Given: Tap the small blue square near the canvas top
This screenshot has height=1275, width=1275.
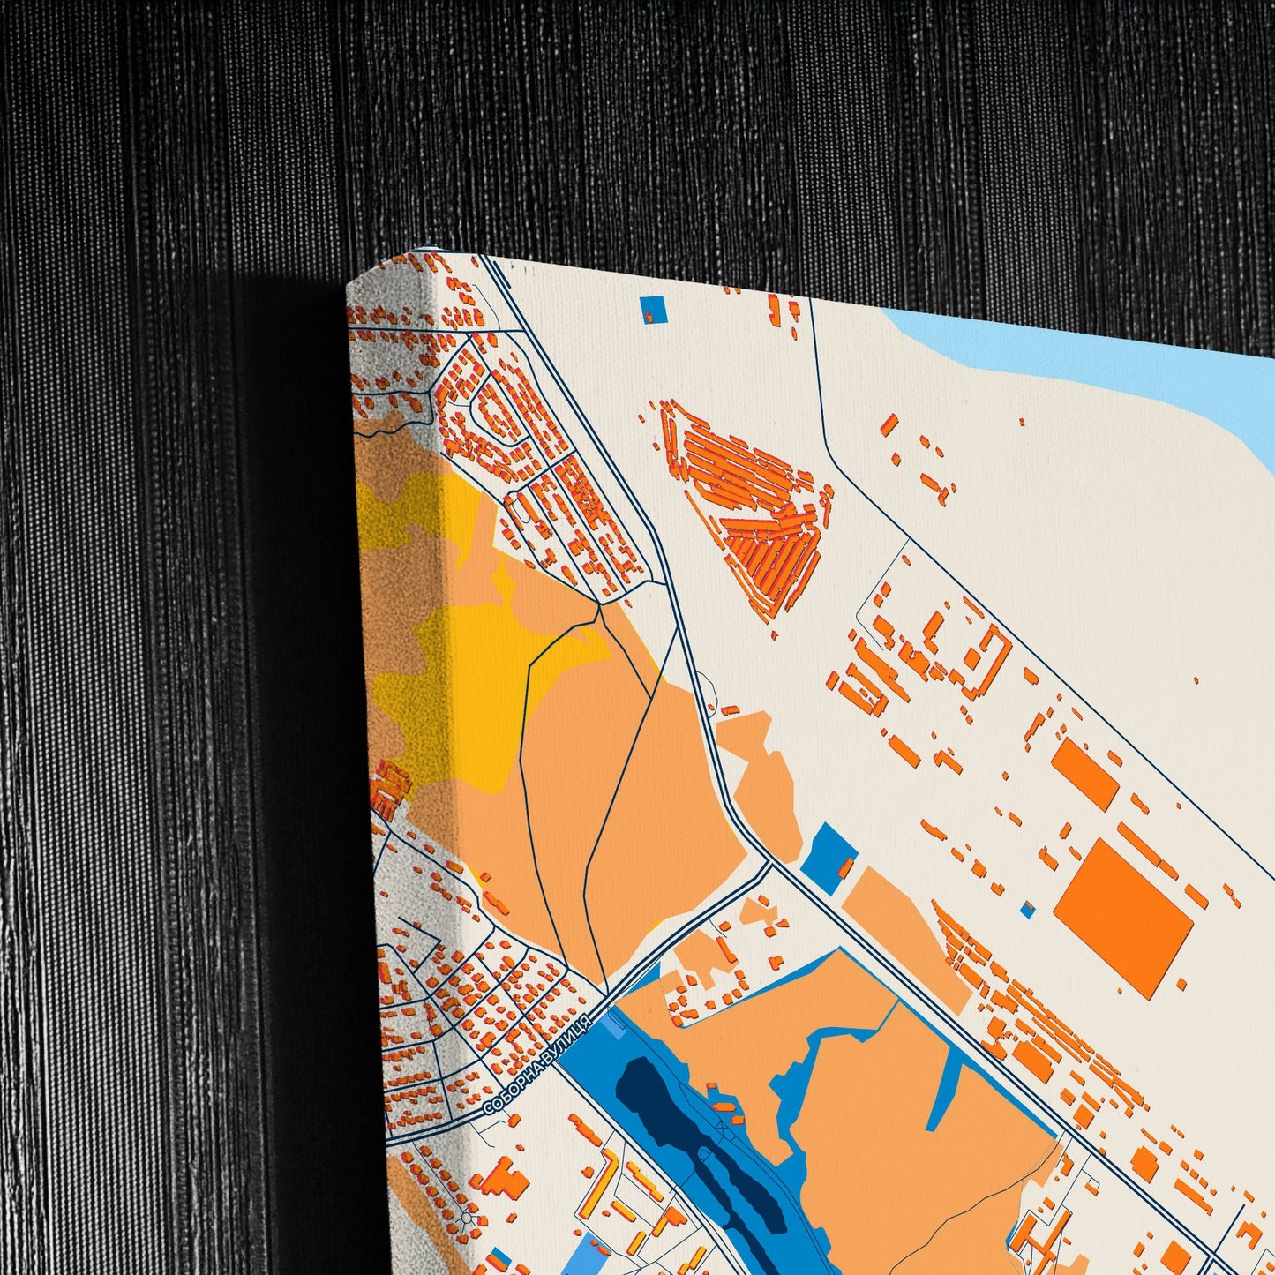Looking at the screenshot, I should click(x=653, y=309).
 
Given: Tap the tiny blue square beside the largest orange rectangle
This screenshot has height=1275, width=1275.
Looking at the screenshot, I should click(x=1026, y=908).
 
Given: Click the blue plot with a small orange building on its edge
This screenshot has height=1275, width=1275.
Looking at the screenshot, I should click(x=829, y=854).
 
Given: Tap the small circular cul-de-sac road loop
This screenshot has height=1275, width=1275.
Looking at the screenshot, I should click(x=466, y=1219).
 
